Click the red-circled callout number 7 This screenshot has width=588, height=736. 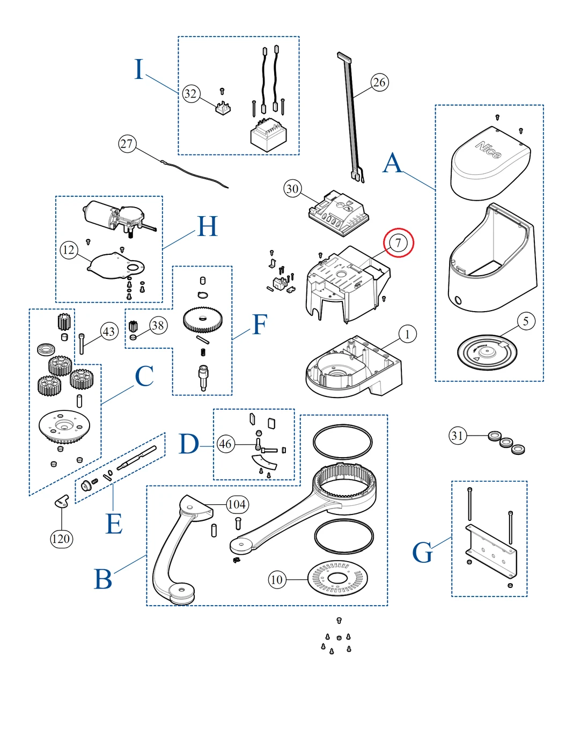click(x=398, y=243)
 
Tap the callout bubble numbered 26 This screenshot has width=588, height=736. click(x=379, y=82)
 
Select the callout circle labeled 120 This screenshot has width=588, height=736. click(x=61, y=539)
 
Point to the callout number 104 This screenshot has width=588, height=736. click(x=237, y=504)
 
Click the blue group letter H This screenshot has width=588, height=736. click(x=208, y=226)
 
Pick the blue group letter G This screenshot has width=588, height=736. click(x=423, y=553)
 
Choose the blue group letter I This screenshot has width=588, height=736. click(x=139, y=70)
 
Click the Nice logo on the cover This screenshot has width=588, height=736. click(x=488, y=150)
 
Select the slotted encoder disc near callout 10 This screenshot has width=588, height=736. click(x=338, y=579)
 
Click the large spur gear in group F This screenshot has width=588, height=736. click(x=203, y=319)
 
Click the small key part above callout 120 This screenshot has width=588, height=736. click(x=62, y=501)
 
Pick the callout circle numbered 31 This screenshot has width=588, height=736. click(x=457, y=436)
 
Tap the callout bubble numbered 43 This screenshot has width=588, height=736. click(x=109, y=332)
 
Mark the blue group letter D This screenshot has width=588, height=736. click(x=189, y=445)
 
